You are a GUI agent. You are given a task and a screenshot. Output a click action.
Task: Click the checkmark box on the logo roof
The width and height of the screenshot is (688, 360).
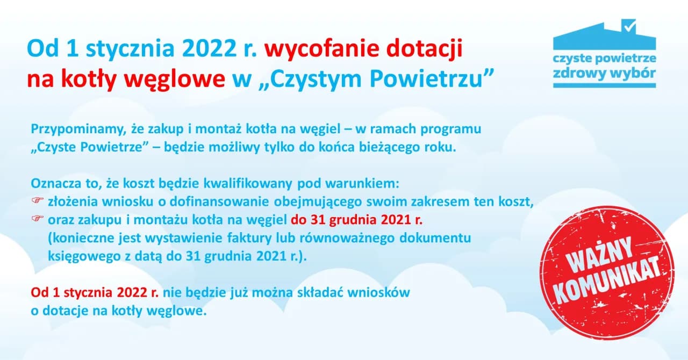coord(628,26)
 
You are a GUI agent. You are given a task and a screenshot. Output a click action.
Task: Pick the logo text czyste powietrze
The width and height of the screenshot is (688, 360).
coord(604,57)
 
